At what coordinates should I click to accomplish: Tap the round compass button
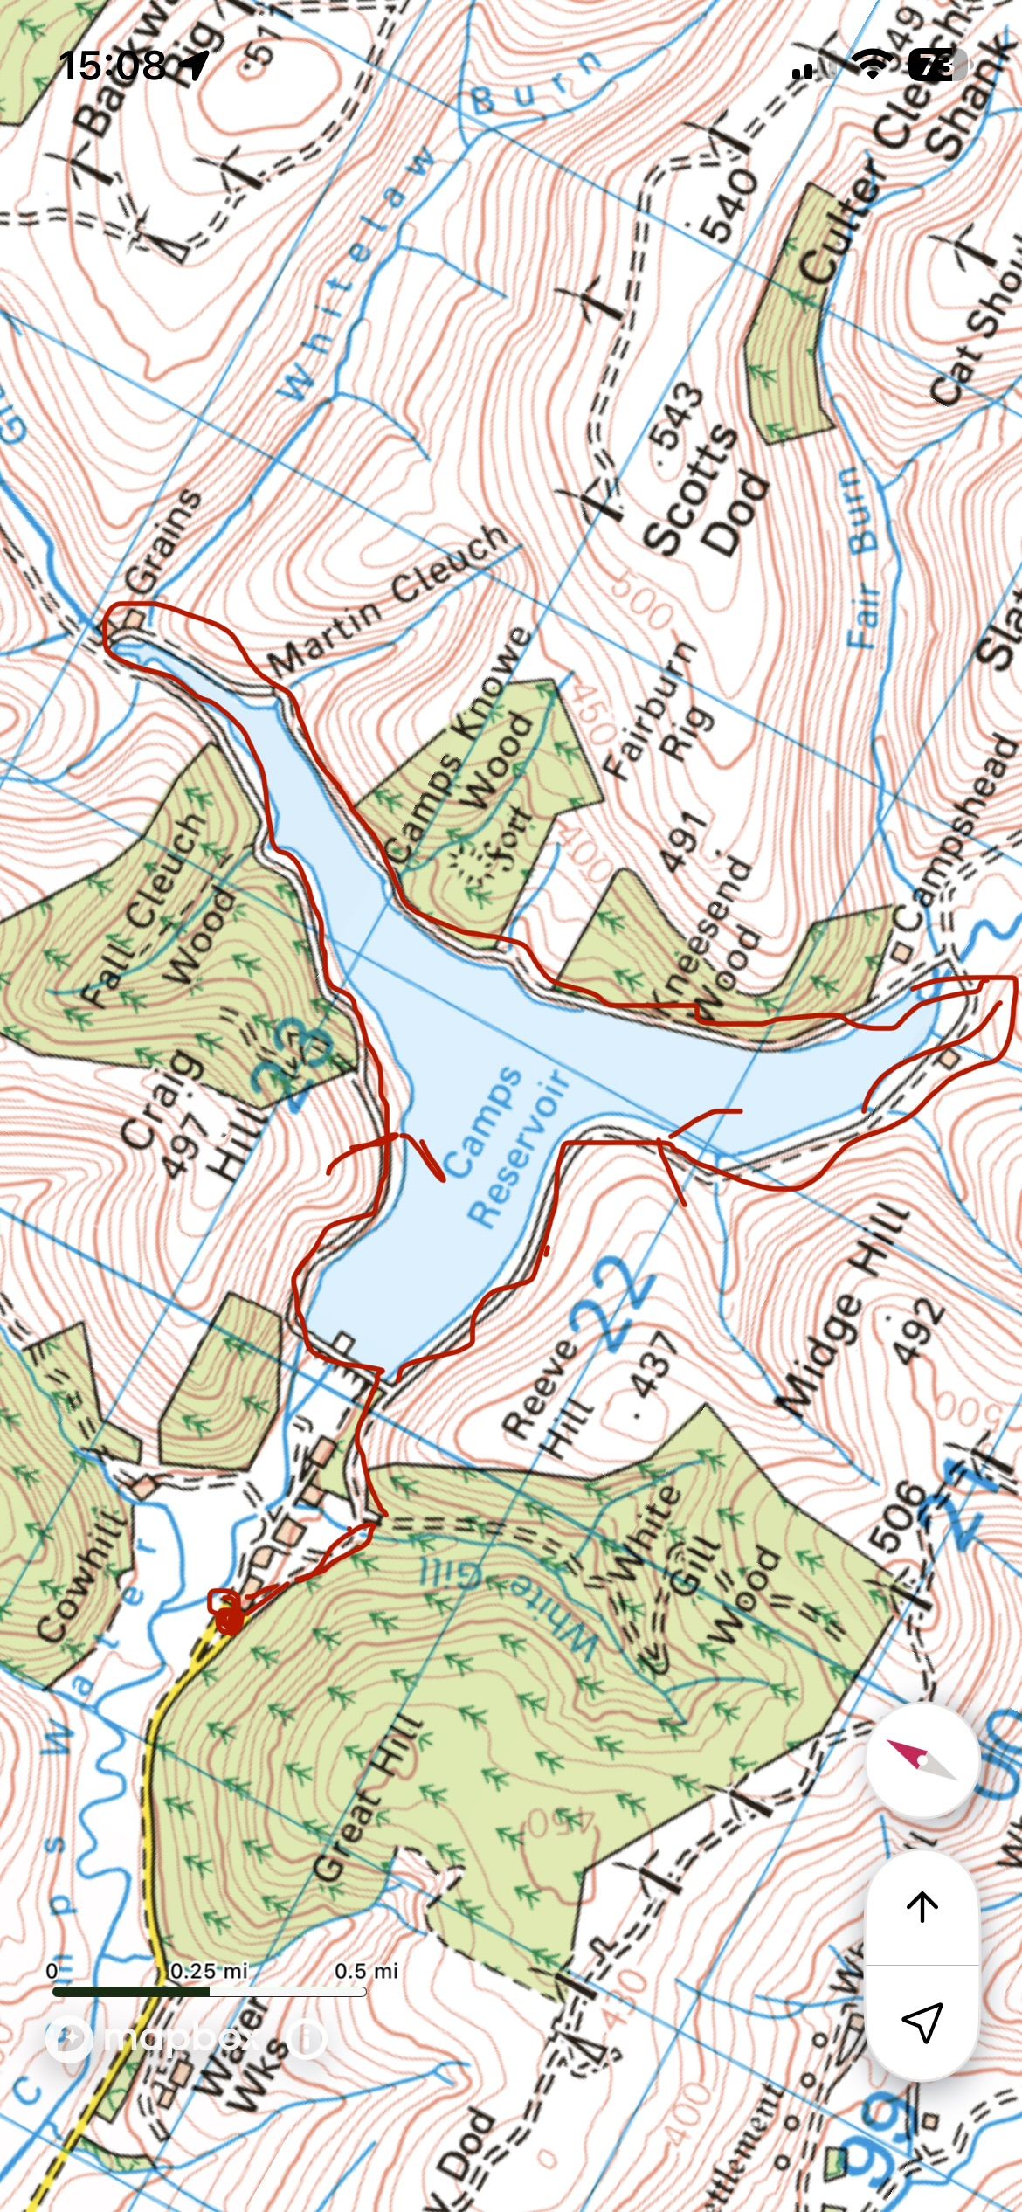tap(922, 1760)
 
